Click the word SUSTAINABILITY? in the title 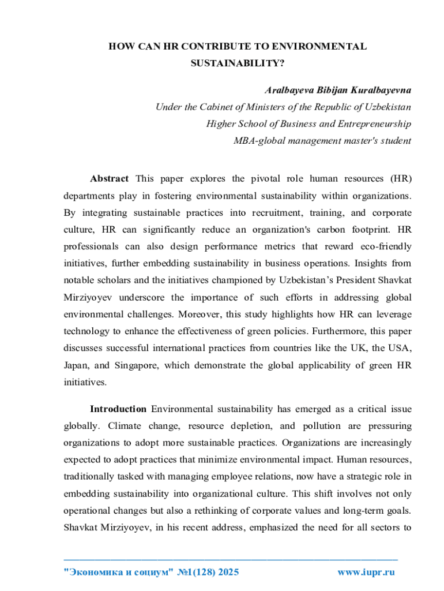point(238,63)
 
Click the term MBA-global point(258,140)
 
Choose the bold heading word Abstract point(109,178)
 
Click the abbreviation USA point(398,348)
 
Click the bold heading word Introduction point(118,409)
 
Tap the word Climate point(124,426)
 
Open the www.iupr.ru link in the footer point(365,573)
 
